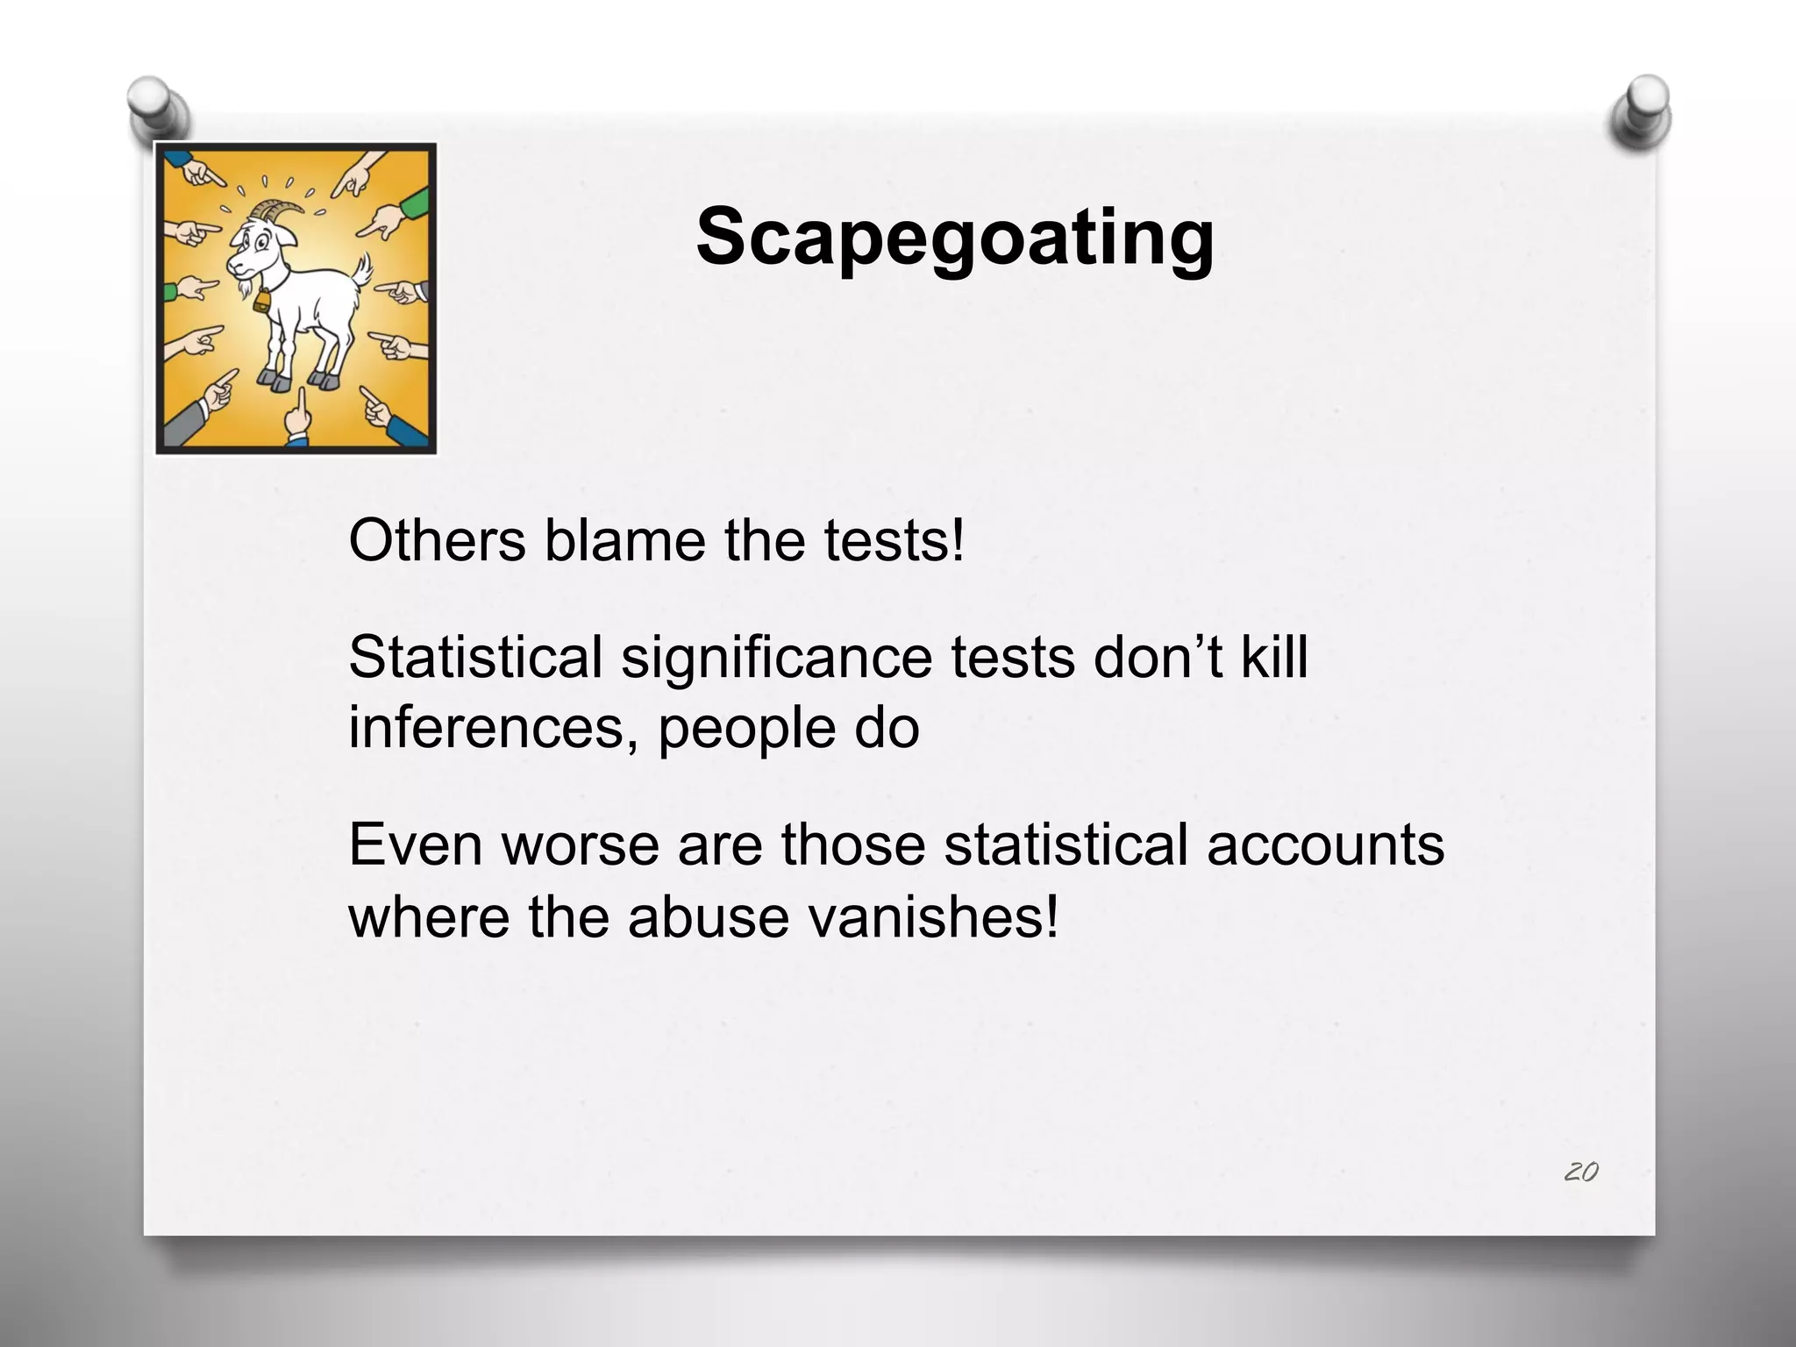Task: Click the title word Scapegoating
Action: click(955, 237)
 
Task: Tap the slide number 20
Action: click(1580, 1172)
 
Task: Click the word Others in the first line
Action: click(437, 540)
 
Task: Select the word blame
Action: click(624, 540)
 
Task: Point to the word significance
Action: click(776, 658)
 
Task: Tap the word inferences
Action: click(493, 728)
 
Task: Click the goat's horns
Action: click(280, 210)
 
